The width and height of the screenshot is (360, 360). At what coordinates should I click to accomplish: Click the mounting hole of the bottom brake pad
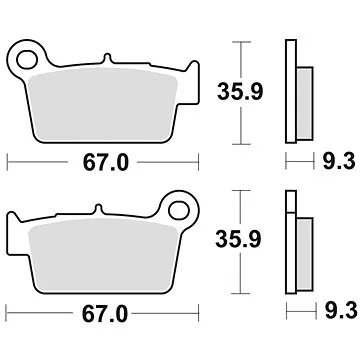coord(180,212)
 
